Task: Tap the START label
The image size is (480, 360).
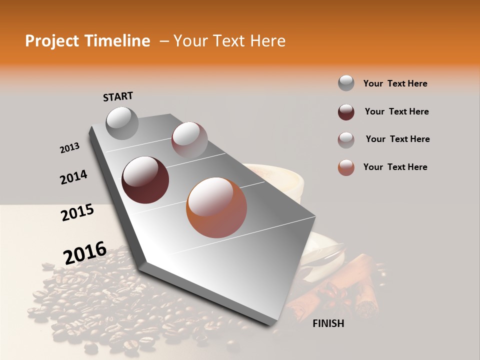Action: tap(118, 96)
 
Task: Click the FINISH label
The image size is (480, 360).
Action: tap(328, 323)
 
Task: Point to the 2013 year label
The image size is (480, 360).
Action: tap(69, 148)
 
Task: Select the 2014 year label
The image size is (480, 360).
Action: tap(73, 177)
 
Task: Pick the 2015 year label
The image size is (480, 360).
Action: tap(77, 213)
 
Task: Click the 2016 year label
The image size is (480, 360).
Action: tap(85, 253)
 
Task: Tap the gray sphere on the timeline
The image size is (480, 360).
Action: tap(122, 123)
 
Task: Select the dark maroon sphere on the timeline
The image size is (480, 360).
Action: tap(145, 180)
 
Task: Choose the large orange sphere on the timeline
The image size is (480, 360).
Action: tap(216, 207)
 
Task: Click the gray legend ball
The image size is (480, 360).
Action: tap(346, 83)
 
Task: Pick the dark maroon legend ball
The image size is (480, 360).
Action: tap(346, 112)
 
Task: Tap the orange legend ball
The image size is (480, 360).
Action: tap(346, 167)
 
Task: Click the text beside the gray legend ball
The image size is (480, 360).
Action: tap(395, 83)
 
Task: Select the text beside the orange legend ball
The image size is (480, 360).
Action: tap(395, 167)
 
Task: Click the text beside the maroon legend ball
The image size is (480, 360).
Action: tap(396, 111)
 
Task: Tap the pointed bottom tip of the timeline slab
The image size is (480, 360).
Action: tap(273, 324)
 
